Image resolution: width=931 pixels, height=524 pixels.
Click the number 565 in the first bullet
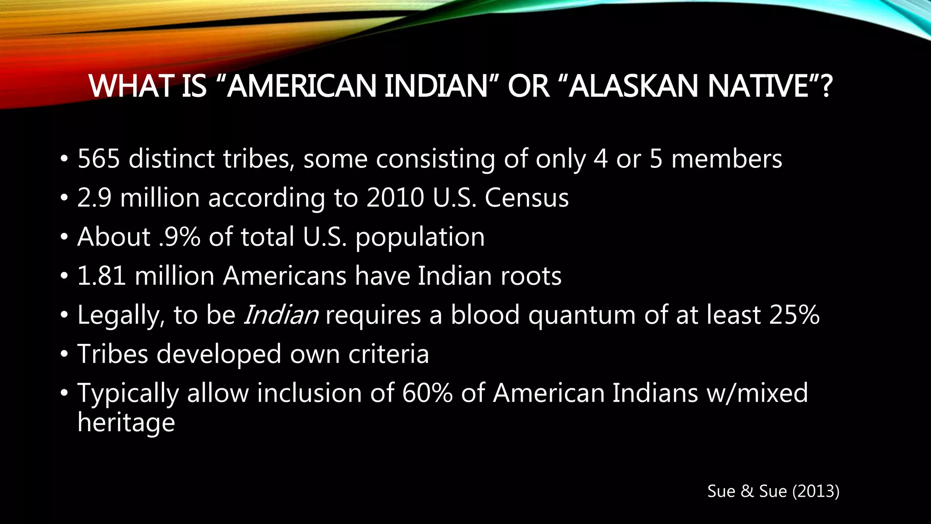[99, 159]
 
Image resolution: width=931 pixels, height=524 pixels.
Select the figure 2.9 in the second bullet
[94, 198]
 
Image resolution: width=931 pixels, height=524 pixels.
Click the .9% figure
[180, 237]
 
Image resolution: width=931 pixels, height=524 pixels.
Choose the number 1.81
[101, 276]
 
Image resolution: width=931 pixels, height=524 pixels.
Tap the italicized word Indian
[281, 315]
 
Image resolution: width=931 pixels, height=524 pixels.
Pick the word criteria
[388, 354]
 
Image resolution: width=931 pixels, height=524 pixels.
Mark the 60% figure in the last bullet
[427, 393]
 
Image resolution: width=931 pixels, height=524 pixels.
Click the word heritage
[126, 423]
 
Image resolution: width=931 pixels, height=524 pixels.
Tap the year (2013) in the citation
[816, 491]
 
